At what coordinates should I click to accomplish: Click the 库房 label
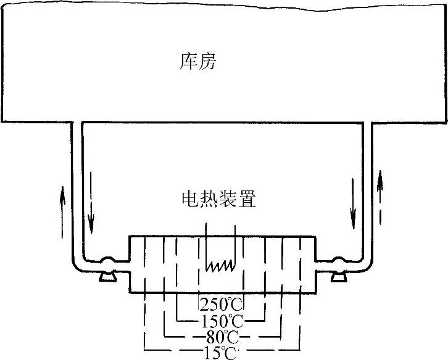(x=197, y=60)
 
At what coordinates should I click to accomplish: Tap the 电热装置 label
(x=218, y=198)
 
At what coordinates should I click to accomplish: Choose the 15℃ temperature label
(x=221, y=353)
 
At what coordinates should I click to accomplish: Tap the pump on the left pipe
(x=108, y=264)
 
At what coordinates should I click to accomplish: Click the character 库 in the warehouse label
(x=188, y=60)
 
